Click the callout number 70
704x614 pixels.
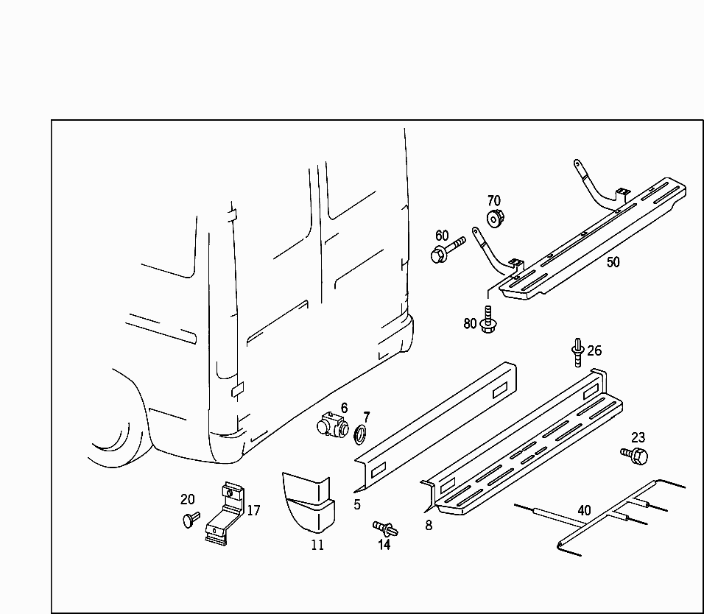[494, 200]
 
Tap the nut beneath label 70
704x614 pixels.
[496, 218]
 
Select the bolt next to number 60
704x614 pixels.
[448, 250]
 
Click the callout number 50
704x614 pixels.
[613, 261]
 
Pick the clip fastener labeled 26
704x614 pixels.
[578, 352]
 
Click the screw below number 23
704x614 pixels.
[634, 455]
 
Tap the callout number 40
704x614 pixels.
[584, 510]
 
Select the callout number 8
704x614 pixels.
[429, 525]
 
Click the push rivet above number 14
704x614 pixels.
[385, 529]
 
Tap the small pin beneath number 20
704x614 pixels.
[191, 519]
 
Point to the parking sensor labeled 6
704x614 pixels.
[333, 423]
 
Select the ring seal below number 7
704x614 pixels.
[360, 434]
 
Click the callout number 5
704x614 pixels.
[357, 504]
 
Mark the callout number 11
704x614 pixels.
[317, 545]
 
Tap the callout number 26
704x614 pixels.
[594, 350]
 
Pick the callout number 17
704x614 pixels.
[253, 510]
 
